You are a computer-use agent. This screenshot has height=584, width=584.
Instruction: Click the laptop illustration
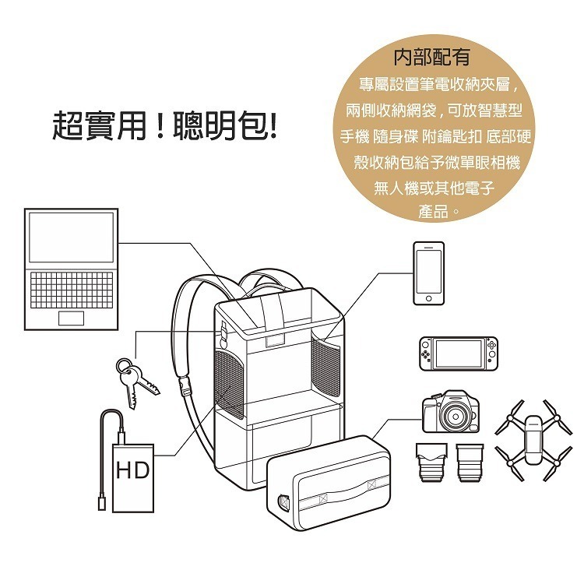click(71, 269)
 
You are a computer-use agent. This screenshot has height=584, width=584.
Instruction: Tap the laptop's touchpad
click(71, 318)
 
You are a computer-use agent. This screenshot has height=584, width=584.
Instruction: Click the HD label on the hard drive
click(132, 470)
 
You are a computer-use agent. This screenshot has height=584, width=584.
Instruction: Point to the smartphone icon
click(427, 273)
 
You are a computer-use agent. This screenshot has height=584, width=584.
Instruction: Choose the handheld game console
click(458, 354)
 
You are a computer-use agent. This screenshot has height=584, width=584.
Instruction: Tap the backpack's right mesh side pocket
click(325, 367)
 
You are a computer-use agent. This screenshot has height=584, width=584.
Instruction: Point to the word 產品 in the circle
click(434, 211)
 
